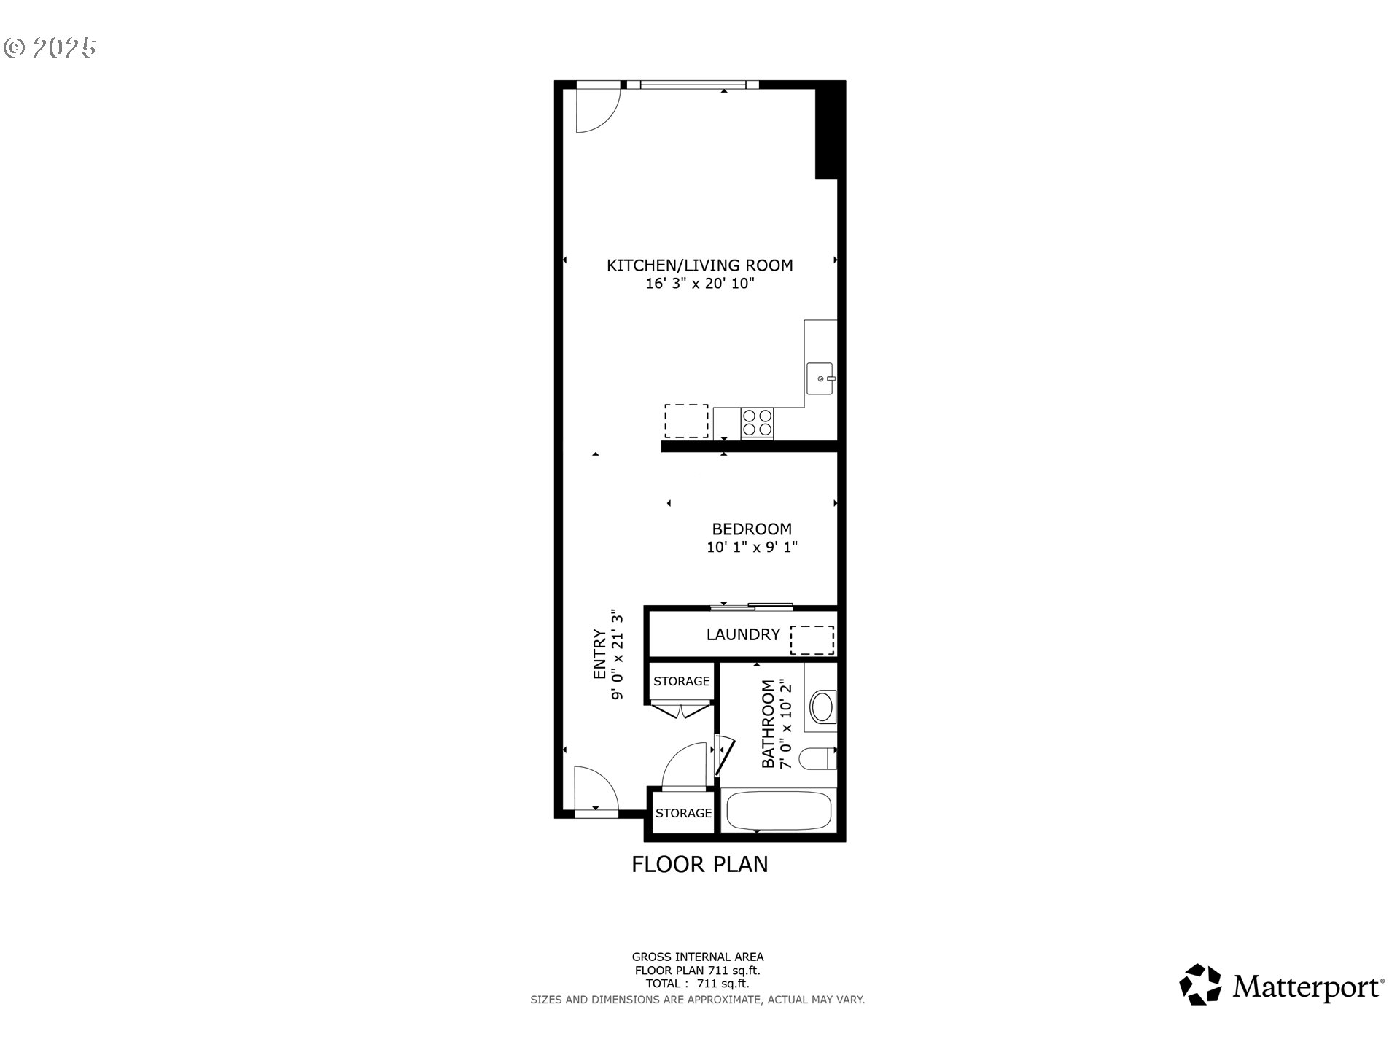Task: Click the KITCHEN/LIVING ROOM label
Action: point(699,265)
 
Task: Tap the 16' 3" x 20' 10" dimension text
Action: point(699,284)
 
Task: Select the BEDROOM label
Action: point(752,529)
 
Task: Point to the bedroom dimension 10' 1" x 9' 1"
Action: point(752,547)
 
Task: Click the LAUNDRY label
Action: point(743,634)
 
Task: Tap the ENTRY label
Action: point(599,654)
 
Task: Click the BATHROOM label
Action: point(768,723)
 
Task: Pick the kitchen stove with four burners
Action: point(757,423)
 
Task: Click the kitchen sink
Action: point(821,378)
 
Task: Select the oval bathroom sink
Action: point(822,707)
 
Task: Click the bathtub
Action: point(778,811)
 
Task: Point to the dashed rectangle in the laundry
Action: point(812,639)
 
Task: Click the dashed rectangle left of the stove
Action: point(686,421)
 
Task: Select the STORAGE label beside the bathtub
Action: point(683,812)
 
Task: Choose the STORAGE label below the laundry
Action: point(681,681)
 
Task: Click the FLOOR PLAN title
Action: point(699,864)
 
